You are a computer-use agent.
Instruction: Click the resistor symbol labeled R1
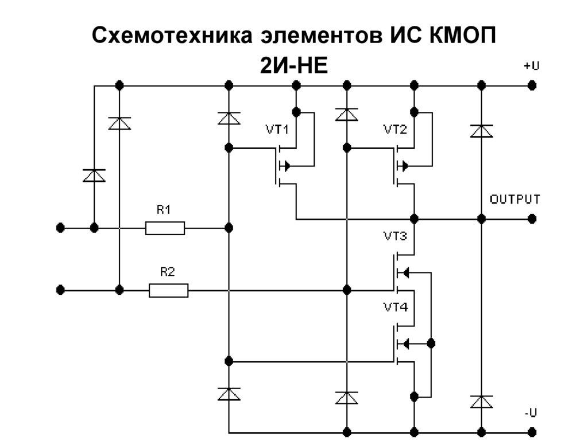tap(165, 228)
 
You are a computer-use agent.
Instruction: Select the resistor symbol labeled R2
tap(168, 290)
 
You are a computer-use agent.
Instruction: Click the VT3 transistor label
tap(396, 236)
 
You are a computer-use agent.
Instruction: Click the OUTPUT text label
tap(514, 200)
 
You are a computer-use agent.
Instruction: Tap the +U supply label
tap(531, 66)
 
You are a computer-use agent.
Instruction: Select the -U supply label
tap(531, 412)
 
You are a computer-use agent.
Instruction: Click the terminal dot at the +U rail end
tap(532, 85)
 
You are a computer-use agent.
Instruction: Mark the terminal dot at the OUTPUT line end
tap(532, 219)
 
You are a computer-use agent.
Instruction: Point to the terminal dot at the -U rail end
tap(532, 431)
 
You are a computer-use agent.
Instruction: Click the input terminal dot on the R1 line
tap(60, 228)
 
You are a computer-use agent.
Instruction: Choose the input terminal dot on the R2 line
tap(60, 290)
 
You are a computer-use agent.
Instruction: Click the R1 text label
tap(164, 211)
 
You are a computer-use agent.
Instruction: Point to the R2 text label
tap(167, 272)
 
